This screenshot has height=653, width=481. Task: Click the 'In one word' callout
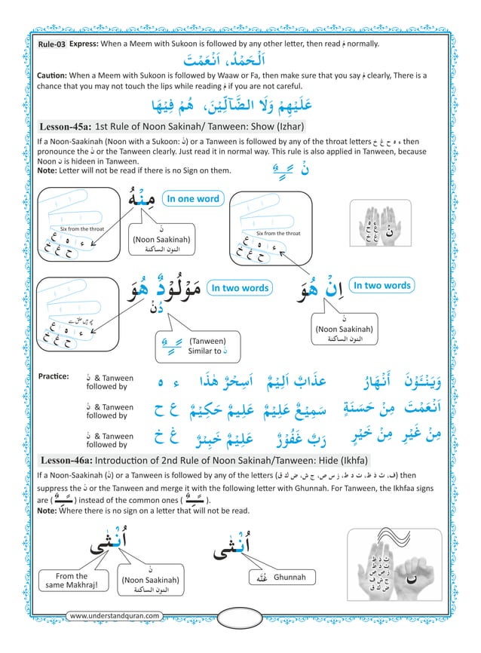(192, 199)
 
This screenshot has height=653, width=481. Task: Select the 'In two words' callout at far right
(381, 286)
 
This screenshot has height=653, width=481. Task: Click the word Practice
(52, 376)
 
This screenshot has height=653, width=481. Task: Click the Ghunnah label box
(283, 578)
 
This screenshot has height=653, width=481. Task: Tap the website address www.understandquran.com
(114, 616)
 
